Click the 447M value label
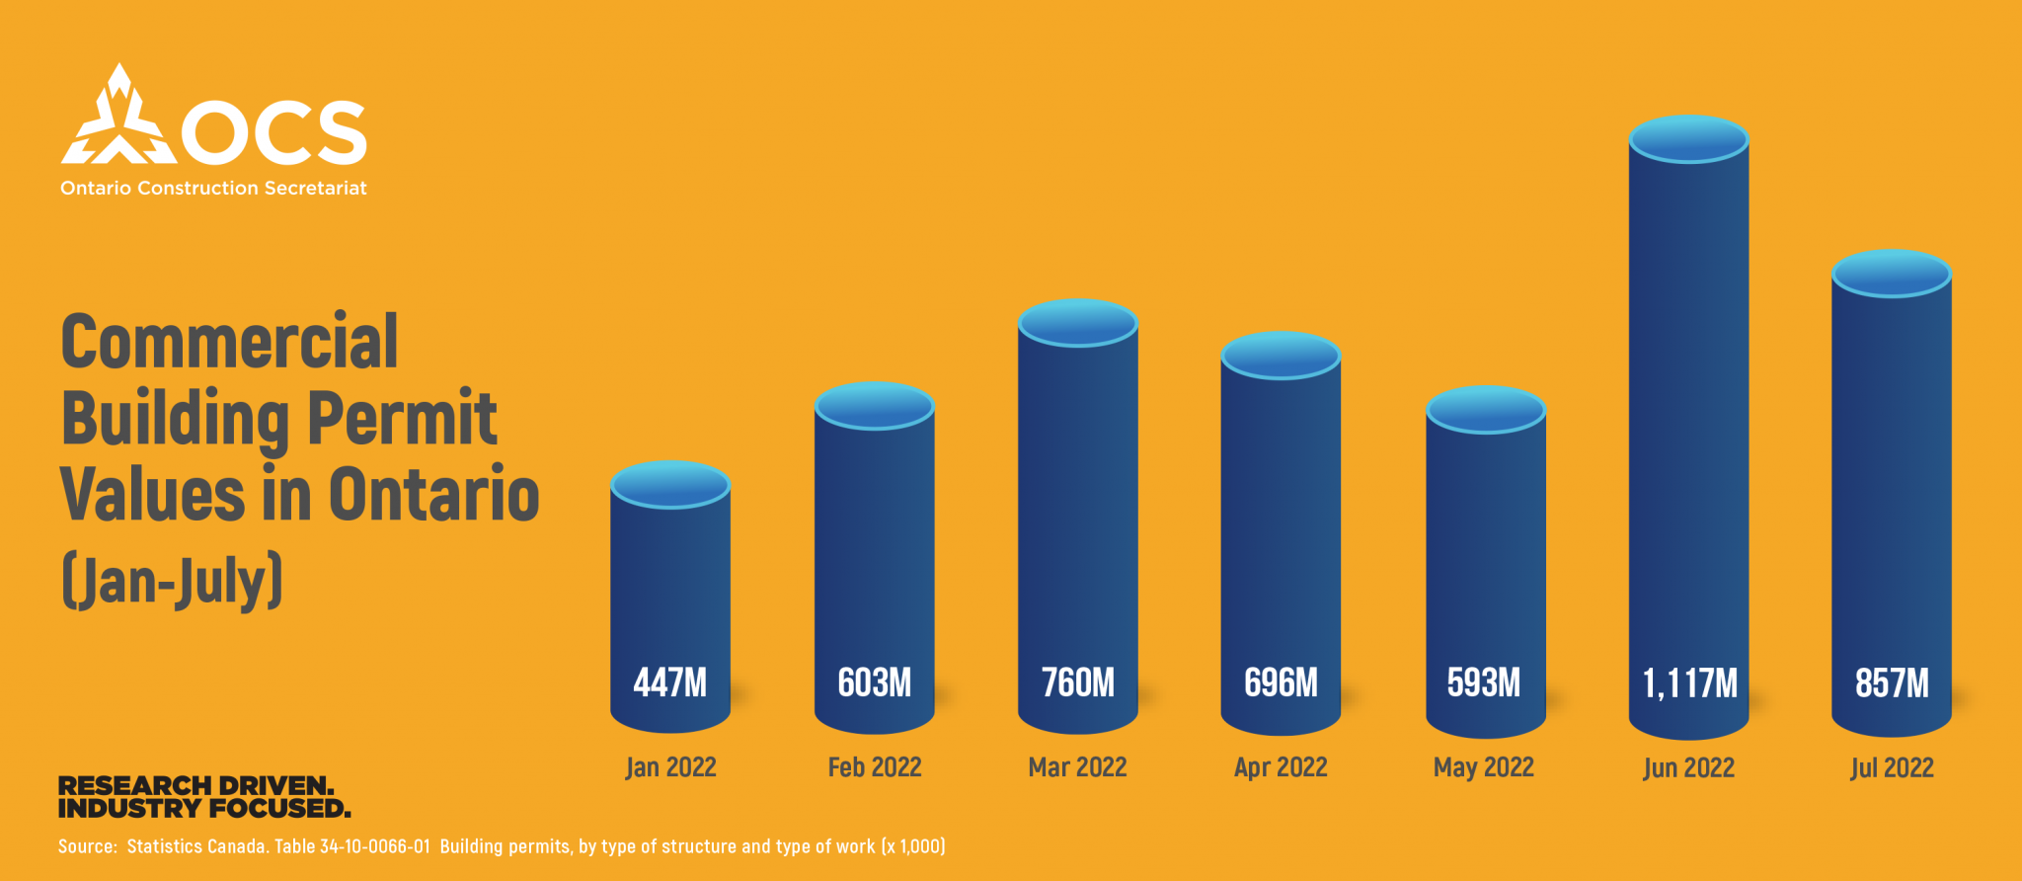(x=670, y=682)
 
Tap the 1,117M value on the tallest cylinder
(x=1689, y=683)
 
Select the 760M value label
(x=1078, y=682)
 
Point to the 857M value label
(x=1892, y=683)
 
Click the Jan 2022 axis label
(x=670, y=767)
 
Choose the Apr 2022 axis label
(x=1281, y=767)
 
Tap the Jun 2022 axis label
(x=1688, y=768)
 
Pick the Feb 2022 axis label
(x=875, y=767)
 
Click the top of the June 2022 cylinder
(x=1688, y=138)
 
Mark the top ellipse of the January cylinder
(x=670, y=484)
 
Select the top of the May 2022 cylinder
(x=1485, y=409)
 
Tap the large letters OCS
(x=275, y=132)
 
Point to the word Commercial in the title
(x=230, y=342)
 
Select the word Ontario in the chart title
(x=433, y=494)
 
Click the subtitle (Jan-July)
(x=173, y=581)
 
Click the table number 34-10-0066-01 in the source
(x=375, y=846)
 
